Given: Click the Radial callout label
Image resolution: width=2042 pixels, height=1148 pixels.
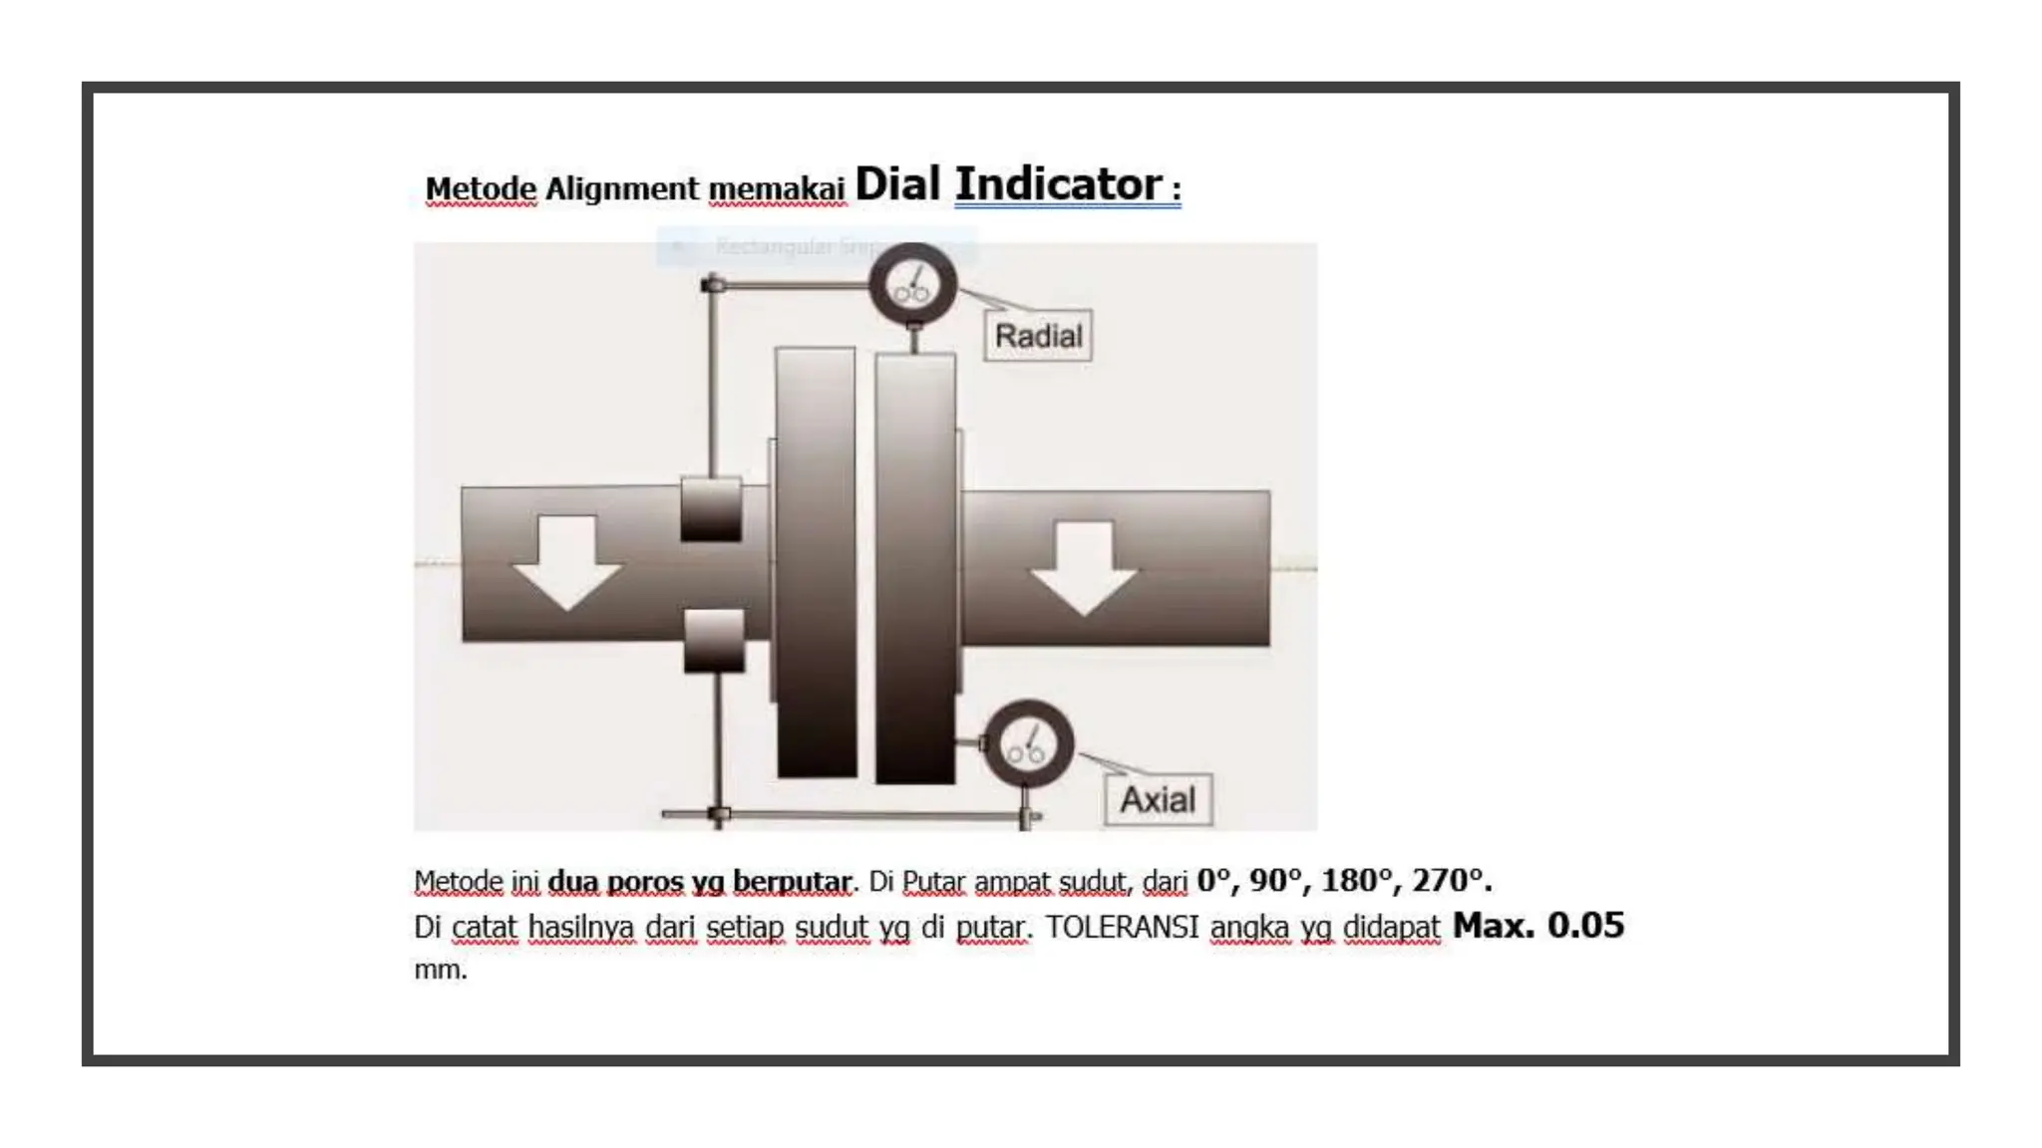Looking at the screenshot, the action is coord(1038,336).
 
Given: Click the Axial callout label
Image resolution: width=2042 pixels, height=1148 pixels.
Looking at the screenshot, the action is coord(1158,799).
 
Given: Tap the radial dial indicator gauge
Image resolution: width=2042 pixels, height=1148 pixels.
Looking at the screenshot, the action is coord(912,284).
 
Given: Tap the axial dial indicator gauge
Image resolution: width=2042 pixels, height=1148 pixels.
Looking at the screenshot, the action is coord(1028,744).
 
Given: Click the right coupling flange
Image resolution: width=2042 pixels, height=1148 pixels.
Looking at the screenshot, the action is coord(915,568).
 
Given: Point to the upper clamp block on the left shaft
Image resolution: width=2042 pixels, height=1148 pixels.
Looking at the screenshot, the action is coord(711,509).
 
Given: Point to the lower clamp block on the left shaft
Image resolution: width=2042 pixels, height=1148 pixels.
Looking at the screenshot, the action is coord(714,641).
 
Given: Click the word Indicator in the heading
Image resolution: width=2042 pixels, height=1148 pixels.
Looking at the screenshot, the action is coord(1058,184).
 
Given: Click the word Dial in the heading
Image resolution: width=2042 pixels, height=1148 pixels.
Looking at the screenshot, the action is coord(897,184).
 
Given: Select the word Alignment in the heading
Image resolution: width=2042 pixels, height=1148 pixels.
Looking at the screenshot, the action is coord(622,188).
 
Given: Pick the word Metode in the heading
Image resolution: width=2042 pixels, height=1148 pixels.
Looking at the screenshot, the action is coord(481,188).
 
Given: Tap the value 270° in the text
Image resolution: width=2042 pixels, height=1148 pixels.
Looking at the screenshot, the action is coord(1452,880).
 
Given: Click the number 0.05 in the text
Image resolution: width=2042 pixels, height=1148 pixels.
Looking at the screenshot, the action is coord(1585,925).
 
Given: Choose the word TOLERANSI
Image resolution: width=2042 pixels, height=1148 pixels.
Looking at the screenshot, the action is coord(1122,927).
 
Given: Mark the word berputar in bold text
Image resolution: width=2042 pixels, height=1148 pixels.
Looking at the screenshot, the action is coord(793,882).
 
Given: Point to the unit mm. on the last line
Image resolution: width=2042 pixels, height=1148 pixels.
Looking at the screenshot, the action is coord(441,969).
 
